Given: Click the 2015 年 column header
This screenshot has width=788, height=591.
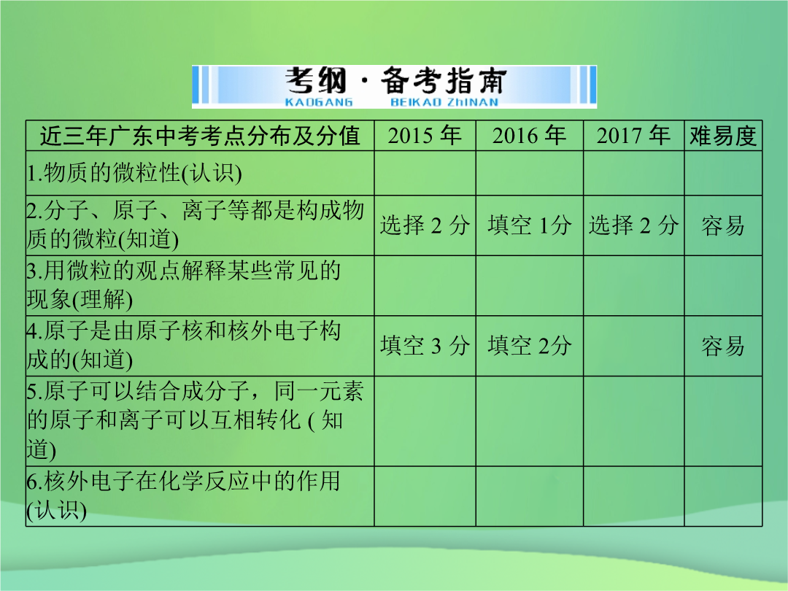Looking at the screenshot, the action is pyautogui.click(x=425, y=136).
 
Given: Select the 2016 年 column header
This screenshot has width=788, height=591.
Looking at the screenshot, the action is pyautogui.click(x=529, y=136).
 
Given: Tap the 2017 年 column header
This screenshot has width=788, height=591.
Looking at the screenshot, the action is pyautogui.click(x=633, y=136).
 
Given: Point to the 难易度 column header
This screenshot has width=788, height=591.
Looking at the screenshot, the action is pyautogui.click(x=722, y=136).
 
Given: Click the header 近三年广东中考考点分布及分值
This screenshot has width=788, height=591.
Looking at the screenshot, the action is pyautogui.click(x=200, y=136).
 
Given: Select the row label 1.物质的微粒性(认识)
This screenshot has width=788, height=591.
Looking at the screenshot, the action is pyautogui.click(x=134, y=173).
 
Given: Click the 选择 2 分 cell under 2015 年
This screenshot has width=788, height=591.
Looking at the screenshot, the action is pyautogui.click(x=425, y=225).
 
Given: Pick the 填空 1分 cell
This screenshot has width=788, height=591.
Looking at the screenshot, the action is pyautogui.click(x=529, y=225).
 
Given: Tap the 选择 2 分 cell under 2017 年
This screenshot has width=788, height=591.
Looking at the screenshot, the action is pyautogui.click(x=633, y=225).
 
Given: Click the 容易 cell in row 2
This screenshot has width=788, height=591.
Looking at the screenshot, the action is pyautogui.click(x=722, y=225).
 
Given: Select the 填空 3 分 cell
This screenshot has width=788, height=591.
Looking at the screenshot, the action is pyautogui.click(x=425, y=346).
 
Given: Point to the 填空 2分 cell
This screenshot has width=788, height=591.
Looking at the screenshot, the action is pyautogui.click(x=529, y=346).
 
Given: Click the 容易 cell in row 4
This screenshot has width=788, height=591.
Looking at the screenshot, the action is pyautogui.click(x=722, y=347).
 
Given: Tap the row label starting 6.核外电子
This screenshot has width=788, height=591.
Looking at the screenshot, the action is pyautogui.click(x=183, y=496).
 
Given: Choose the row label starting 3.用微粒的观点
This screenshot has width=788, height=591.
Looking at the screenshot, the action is pyautogui.click(x=183, y=285).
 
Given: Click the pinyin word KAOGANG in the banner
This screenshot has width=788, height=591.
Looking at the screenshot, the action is pyautogui.click(x=319, y=103).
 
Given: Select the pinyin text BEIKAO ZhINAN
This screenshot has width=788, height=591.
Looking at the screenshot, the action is pyautogui.click(x=444, y=103).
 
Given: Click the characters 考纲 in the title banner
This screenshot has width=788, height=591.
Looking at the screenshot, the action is pyautogui.click(x=316, y=81).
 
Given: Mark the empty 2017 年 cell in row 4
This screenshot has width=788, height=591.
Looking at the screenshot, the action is pyautogui.click(x=634, y=346).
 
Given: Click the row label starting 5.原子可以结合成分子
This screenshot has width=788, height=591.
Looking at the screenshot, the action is pyautogui.click(x=195, y=421).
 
